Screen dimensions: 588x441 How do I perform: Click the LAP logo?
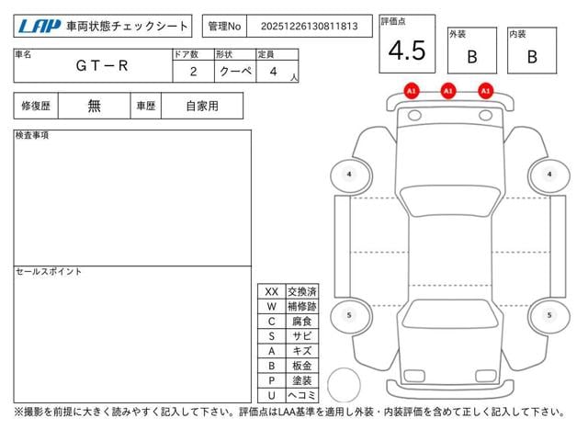tap(40, 26)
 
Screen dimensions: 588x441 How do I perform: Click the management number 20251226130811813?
tap(309, 27)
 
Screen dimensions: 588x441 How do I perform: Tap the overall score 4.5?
tap(407, 51)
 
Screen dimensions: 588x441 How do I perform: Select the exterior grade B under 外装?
tap(472, 57)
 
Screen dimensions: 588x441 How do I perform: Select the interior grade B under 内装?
tap(532, 57)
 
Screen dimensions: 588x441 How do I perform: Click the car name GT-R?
tap(102, 65)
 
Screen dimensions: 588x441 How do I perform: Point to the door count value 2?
tap(193, 72)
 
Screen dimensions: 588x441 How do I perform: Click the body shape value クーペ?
tap(235, 71)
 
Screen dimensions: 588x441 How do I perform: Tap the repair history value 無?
tap(94, 106)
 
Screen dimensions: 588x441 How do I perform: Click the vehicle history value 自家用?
tap(202, 107)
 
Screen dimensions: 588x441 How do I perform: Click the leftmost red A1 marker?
tap(412, 91)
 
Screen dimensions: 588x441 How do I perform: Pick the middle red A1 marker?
tap(448, 91)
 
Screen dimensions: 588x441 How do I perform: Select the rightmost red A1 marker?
tap(486, 91)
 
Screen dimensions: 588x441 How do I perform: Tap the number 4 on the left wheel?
tap(349, 174)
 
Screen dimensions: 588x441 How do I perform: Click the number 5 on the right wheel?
tap(549, 315)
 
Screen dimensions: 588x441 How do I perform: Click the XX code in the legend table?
tap(272, 292)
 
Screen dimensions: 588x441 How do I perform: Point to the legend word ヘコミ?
tap(302, 395)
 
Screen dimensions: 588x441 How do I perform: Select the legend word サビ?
tap(302, 336)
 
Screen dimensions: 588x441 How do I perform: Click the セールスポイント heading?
tap(49, 272)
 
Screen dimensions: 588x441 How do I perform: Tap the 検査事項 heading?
tap(32, 135)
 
